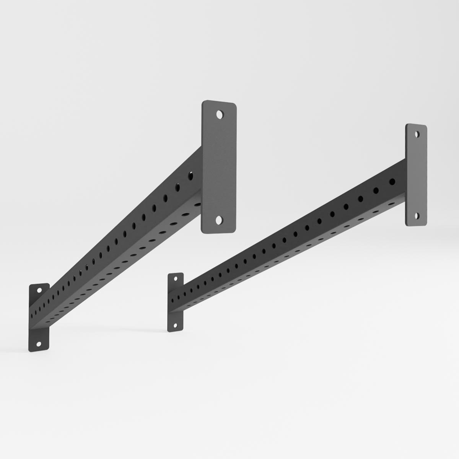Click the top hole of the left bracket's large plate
[219, 114]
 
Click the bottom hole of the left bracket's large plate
[219, 220]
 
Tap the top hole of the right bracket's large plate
[417, 134]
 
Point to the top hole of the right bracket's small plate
[176, 279]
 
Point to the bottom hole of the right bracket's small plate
[175, 326]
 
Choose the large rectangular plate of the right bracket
[417, 174]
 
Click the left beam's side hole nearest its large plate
[190, 176]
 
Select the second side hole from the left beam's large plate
[178, 187]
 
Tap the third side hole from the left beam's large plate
[165, 198]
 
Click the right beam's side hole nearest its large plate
[392, 182]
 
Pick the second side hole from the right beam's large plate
[376, 190]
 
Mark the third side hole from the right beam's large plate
[361, 199]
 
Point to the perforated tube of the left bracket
[115, 252]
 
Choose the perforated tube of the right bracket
[287, 245]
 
